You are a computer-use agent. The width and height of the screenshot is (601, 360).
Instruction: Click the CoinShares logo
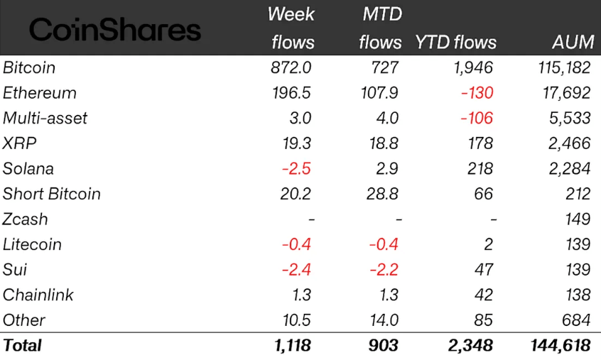(x=115, y=30)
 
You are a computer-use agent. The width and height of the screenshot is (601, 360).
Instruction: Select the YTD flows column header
(x=455, y=42)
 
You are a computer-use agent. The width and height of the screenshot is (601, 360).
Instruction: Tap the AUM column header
(x=572, y=42)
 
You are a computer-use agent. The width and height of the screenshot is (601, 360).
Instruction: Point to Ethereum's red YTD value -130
(x=475, y=93)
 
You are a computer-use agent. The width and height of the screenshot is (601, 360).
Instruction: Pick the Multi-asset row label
(x=45, y=118)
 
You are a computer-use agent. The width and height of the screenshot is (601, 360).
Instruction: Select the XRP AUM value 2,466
(x=569, y=143)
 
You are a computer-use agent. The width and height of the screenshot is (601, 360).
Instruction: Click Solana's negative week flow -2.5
(x=296, y=169)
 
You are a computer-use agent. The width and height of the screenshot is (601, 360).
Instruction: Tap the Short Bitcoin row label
(x=52, y=194)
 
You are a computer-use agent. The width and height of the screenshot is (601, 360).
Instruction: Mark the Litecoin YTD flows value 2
(x=488, y=244)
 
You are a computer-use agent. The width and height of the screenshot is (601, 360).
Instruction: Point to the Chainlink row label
(x=38, y=295)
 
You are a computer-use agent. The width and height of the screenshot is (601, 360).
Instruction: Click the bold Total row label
(x=23, y=346)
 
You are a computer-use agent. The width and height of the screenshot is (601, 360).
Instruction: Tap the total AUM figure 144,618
(x=561, y=346)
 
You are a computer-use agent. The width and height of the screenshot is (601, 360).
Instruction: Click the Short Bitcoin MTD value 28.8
(x=385, y=194)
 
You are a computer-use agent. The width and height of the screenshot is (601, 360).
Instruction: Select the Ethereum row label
(x=40, y=93)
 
